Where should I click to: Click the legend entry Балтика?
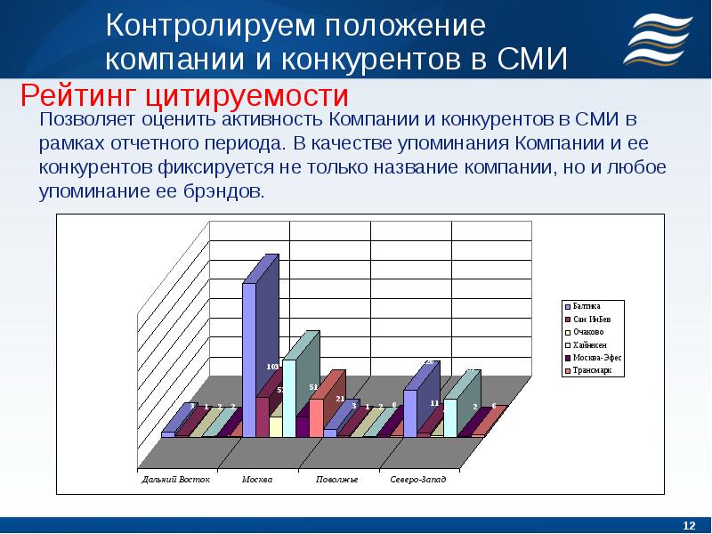tap(586, 305)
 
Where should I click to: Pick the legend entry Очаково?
tap(587, 331)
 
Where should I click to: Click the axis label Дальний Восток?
tap(176, 480)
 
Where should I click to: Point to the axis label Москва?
tap(257, 480)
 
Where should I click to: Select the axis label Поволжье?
tap(337, 480)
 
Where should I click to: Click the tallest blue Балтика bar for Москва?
tap(250, 356)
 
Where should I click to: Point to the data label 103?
tap(272, 366)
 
